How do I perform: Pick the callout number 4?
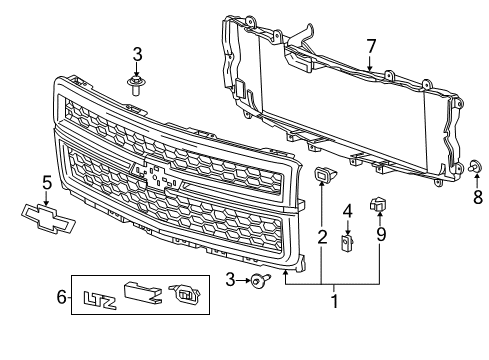click(347, 211)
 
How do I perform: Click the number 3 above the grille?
click(138, 53)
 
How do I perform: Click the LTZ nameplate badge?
click(96, 297)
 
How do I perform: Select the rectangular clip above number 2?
click(324, 178)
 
